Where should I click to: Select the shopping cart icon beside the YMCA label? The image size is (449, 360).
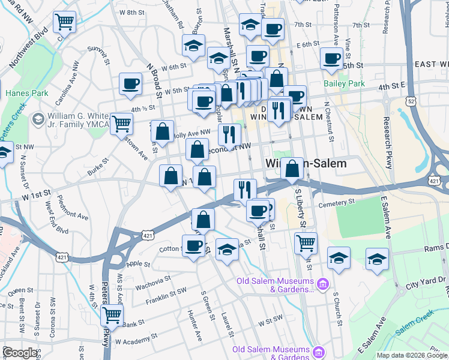pos(121,124)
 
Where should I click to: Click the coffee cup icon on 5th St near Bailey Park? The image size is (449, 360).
pos(331,58)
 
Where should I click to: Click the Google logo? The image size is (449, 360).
pos(20,353)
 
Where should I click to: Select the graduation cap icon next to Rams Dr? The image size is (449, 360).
pos(378,259)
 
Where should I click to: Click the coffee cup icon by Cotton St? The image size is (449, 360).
pos(193,246)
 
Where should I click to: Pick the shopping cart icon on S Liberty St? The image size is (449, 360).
pos(306,243)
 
